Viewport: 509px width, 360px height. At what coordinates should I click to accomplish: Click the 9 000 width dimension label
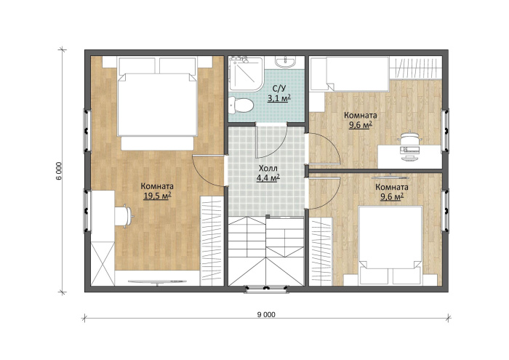pos(266,314)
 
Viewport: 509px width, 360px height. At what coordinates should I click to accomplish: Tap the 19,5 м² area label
pos(157,196)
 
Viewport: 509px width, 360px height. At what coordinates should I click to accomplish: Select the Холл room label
pos(268,168)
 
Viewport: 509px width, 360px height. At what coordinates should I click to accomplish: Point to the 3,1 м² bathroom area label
pos(278,97)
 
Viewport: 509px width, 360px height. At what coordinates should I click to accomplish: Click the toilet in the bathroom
pos(240,105)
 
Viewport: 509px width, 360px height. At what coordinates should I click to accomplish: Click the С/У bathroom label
pos(279,89)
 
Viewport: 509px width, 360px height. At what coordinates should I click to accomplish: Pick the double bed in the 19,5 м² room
pos(158,104)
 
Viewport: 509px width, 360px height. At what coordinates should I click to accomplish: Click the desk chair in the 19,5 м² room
pos(124,215)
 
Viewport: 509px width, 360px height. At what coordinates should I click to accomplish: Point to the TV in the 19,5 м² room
pos(157,281)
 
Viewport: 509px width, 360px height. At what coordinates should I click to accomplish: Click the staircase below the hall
pos(266,251)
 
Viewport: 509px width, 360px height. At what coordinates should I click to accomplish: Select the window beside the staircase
pos(266,289)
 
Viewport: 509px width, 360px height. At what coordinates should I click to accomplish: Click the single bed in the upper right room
pos(349,73)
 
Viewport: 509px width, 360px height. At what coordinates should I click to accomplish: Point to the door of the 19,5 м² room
pos(208,172)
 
